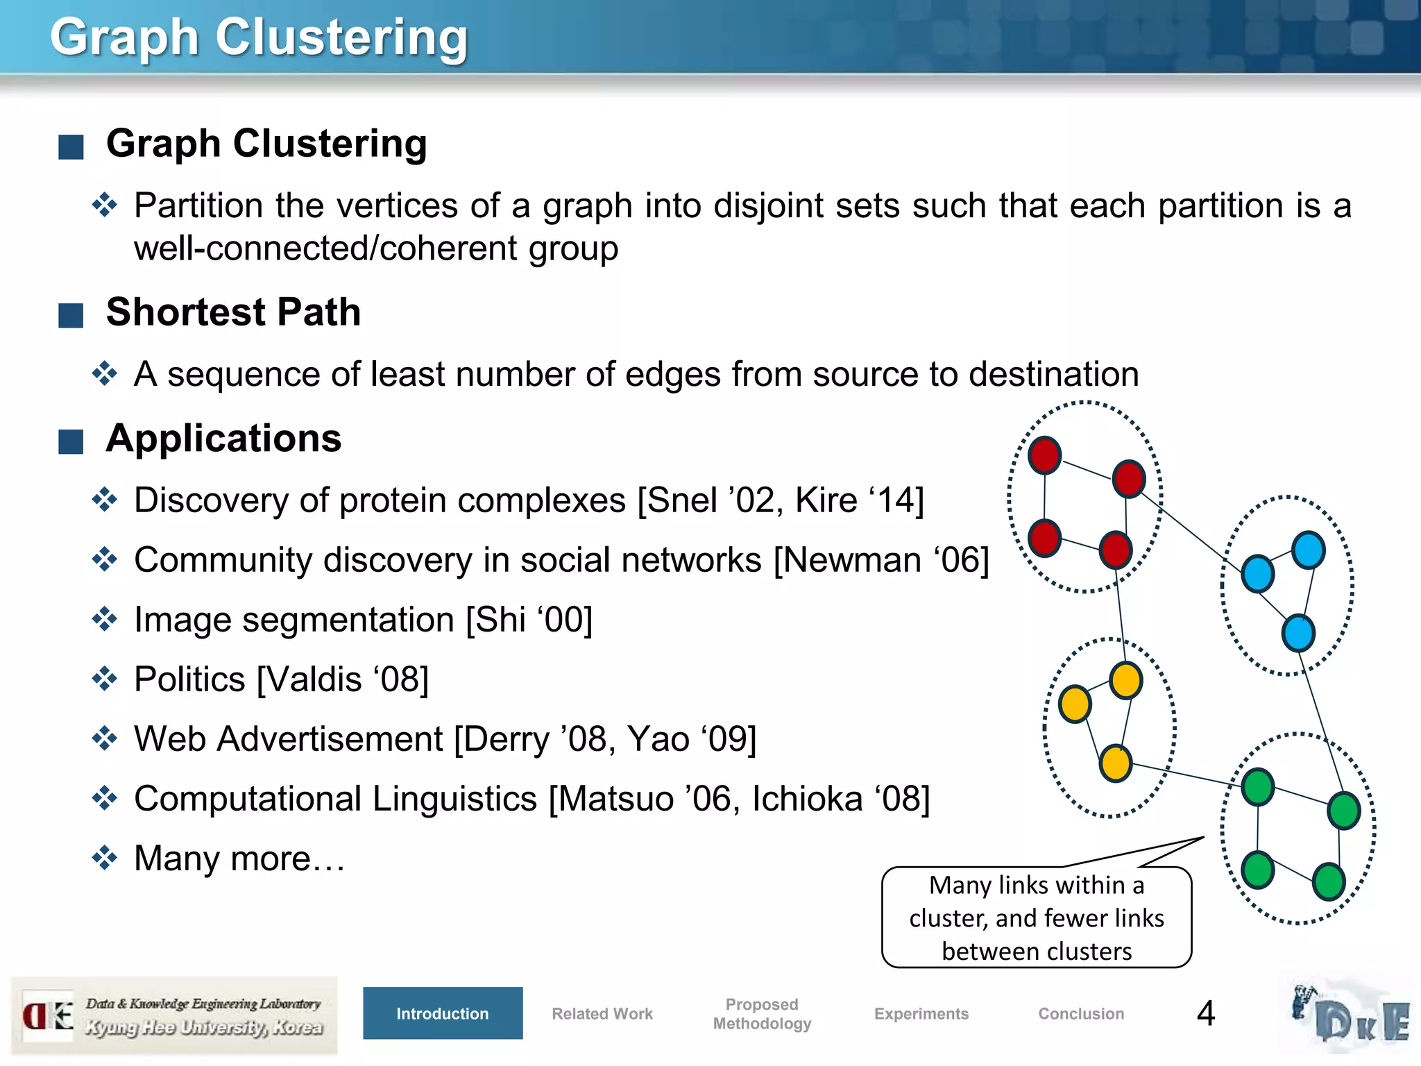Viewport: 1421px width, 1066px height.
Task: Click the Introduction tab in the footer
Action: (443, 1013)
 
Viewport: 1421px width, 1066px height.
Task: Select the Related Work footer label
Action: (602, 1013)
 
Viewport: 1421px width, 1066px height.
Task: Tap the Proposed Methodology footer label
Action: (762, 1013)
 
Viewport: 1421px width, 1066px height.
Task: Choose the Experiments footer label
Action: (921, 1013)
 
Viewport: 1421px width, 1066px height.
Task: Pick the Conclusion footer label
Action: (1081, 1013)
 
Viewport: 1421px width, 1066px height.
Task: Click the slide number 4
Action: (1206, 1013)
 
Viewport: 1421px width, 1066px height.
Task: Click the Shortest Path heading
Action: (233, 312)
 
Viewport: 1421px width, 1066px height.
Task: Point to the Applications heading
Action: (223, 439)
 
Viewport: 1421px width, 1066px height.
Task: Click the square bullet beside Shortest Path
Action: (71, 315)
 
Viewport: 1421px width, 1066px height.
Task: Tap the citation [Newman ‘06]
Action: (881, 559)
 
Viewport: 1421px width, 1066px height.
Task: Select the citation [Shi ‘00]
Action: (529, 619)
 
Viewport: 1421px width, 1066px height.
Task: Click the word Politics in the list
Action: (189, 679)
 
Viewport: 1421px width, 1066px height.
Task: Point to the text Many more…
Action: (239, 858)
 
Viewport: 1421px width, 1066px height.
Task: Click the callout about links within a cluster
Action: (1037, 917)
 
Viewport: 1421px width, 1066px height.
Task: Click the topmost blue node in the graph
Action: (1309, 550)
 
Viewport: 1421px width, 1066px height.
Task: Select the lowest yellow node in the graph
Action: (1116, 763)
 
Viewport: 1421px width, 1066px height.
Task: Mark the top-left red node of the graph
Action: (1045, 455)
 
